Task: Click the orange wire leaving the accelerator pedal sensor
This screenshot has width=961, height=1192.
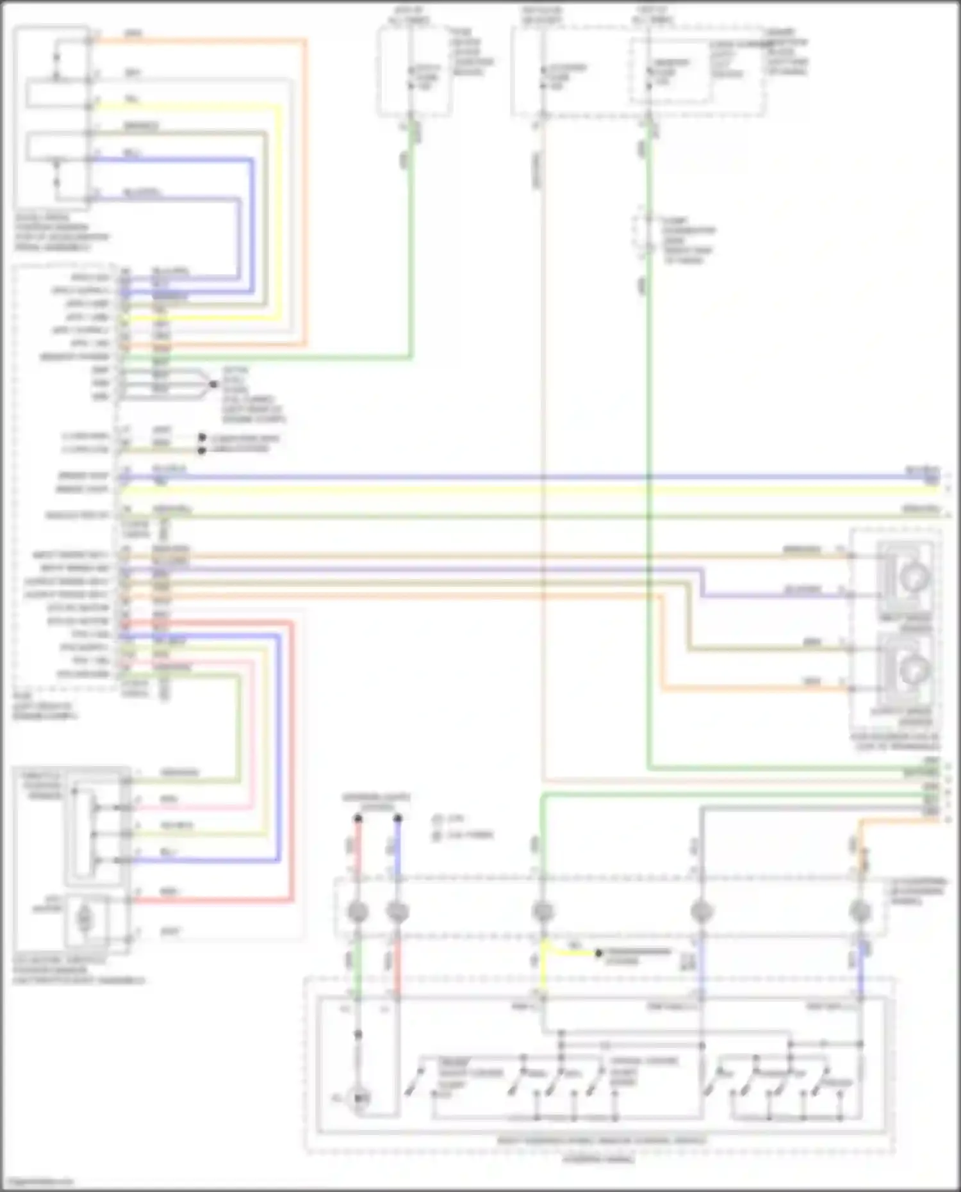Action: click(x=192, y=41)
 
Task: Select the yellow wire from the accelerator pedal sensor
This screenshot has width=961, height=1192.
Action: click(x=192, y=107)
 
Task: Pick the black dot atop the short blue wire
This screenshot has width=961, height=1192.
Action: click(x=398, y=819)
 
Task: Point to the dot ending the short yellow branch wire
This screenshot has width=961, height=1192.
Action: click(x=599, y=954)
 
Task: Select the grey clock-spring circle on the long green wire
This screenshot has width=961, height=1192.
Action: click(x=543, y=911)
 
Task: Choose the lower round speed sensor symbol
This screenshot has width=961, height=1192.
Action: click(x=912, y=670)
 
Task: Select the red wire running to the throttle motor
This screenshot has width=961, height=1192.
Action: click(x=211, y=901)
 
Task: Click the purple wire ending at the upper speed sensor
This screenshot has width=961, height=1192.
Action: click(x=769, y=596)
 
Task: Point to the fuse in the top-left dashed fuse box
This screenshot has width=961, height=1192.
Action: click(x=411, y=78)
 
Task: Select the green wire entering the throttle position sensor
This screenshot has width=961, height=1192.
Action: click(x=192, y=781)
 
